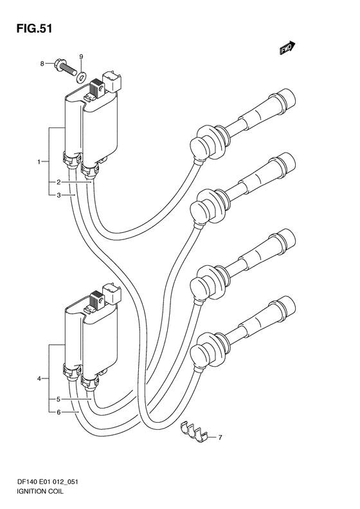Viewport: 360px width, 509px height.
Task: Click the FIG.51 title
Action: (34, 29)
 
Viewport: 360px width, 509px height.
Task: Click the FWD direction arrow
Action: (287, 48)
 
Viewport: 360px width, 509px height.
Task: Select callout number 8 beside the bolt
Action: (42, 64)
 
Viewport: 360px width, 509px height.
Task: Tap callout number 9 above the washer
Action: (81, 57)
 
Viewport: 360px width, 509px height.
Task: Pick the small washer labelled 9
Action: (81, 77)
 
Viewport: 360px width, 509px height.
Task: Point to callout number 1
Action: (39, 162)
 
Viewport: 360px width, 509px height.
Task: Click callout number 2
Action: (59, 183)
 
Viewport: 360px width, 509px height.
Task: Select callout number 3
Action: (59, 195)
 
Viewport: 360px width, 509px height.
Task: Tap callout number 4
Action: (39, 378)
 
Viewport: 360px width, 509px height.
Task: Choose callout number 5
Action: (59, 399)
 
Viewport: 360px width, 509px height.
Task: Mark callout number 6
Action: (59, 412)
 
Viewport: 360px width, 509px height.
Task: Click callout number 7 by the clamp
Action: (221, 438)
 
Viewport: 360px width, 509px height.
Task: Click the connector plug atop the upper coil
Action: (112, 80)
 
